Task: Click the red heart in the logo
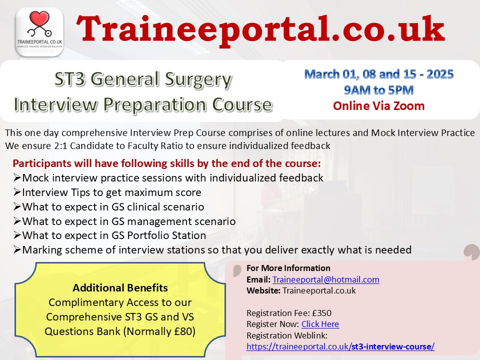pos(39,18)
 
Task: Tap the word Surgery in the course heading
pos(198,80)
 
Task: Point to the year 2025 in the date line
pos(440,74)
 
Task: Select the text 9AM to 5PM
pos(378,90)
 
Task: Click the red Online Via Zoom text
pos(378,106)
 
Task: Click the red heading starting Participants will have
pos(166,163)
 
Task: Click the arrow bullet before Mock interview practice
pos(17,177)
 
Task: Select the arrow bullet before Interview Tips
pos(17,192)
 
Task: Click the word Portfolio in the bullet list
pos(143,235)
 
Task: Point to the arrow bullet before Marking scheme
pos(17,250)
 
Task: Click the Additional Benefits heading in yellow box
pos(120,288)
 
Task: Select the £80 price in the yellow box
pos(184,331)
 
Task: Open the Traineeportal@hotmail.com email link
pos(325,279)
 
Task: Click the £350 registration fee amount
pos(321,313)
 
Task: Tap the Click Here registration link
pos(320,324)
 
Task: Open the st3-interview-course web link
pos(340,346)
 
